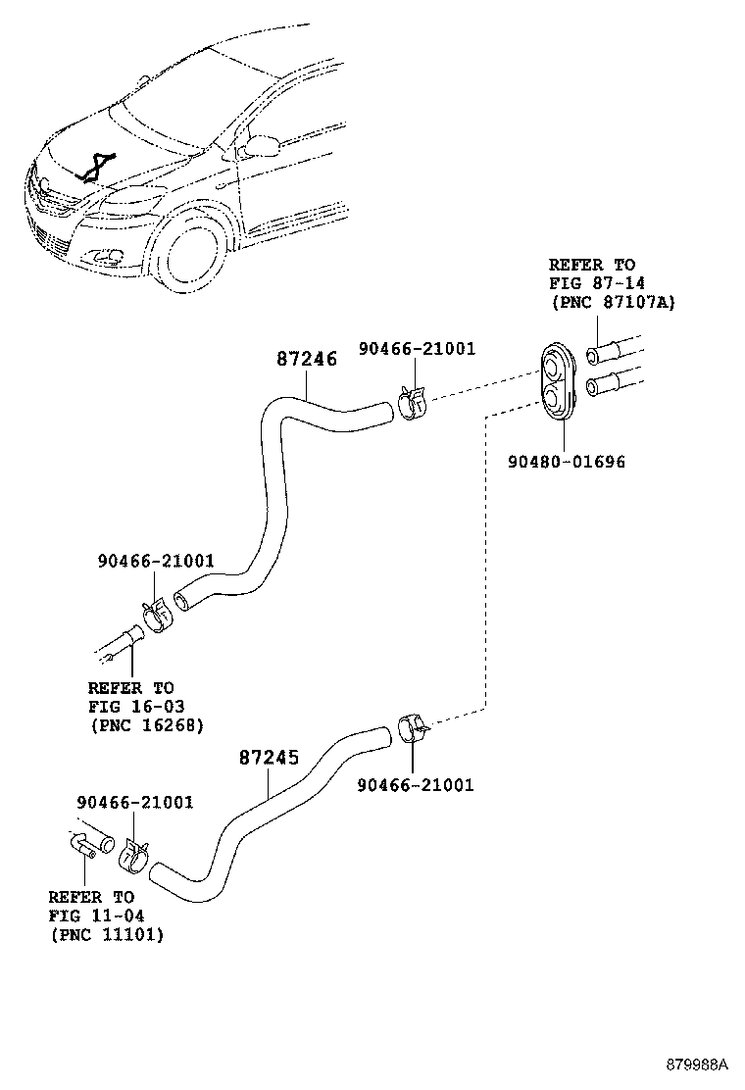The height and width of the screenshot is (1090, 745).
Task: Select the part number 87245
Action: [x=269, y=758]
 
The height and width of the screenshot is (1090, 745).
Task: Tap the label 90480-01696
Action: [x=566, y=462]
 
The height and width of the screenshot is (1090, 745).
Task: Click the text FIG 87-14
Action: [x=592, y=283]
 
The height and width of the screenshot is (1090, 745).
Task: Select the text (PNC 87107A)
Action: [x=612, y=302]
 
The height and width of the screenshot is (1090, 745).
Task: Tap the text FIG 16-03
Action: [x=135, y=706]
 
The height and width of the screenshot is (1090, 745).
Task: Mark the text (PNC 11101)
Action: [x=106, y=934]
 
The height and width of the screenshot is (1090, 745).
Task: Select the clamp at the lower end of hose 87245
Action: [x=132, y=855]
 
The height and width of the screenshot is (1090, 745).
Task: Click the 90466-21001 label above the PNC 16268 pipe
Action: [x=156, y=562]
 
